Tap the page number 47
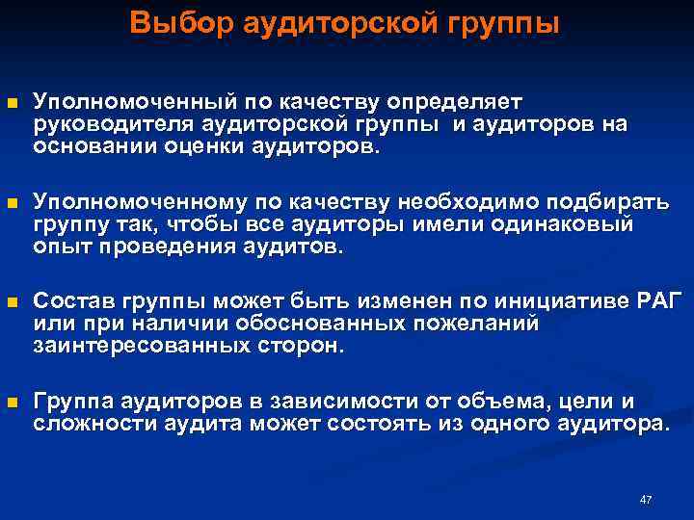(x=646, y=499)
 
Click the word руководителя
(x=115, y=124)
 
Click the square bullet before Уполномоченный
(x=12, y=102)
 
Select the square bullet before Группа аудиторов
(x=12, y=401)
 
